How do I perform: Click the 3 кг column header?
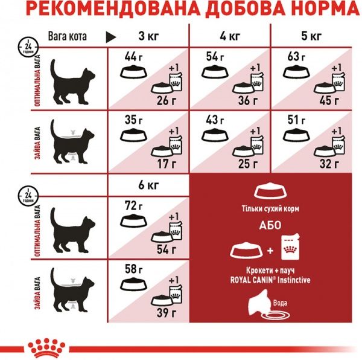click(148, 36)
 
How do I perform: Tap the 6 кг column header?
click(148, 185)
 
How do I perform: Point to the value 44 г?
click(131, 57)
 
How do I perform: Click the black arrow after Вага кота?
click(111, 36)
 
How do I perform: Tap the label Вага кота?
click(68, 36)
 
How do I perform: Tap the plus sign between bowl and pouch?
click(270, 250)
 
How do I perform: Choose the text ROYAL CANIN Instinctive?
click(275, 280)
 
